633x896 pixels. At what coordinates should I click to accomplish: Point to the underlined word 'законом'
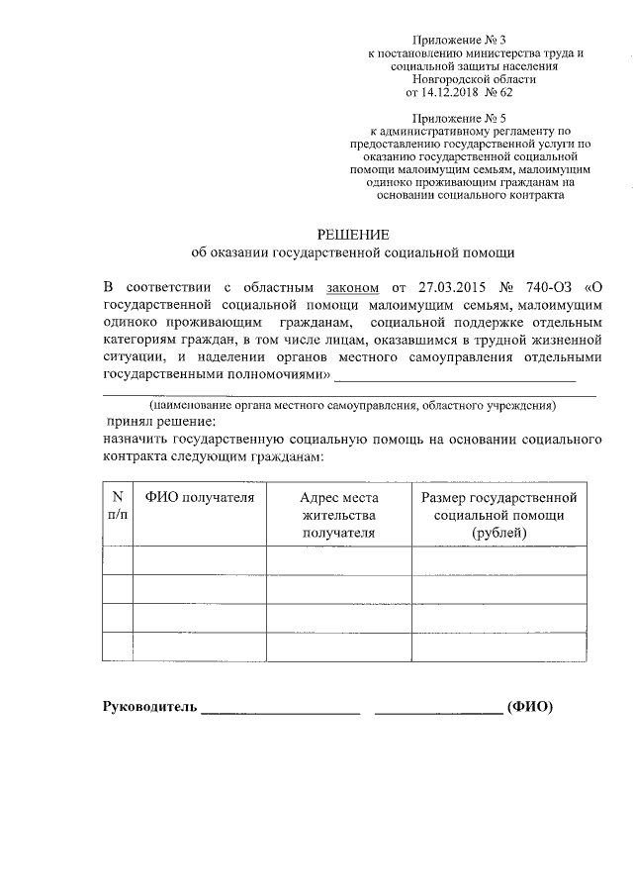(x=352, y=287)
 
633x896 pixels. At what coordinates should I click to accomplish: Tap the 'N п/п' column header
(x=117, y=505)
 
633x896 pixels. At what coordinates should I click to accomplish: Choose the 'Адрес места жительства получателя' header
(x=339, y=514)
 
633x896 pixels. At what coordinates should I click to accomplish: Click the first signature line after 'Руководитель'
(x=281, y=712)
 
